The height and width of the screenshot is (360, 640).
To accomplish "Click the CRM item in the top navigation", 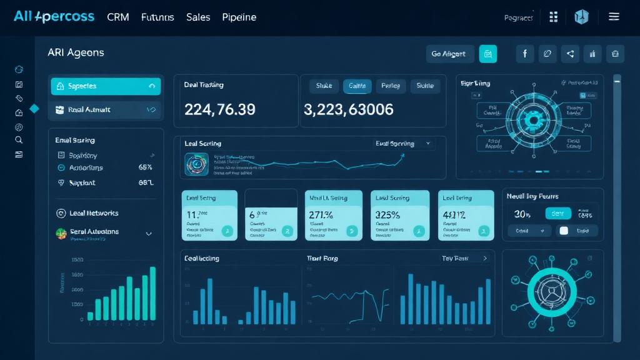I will (118, 17).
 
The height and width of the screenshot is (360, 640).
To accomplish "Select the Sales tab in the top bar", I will (198, 17).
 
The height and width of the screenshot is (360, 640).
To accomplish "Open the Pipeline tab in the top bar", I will (239, 17).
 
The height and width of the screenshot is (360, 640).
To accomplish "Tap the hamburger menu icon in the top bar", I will (614, 17).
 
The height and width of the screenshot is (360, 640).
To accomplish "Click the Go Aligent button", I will (449, 54).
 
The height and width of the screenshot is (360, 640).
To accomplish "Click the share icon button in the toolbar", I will (570, 54).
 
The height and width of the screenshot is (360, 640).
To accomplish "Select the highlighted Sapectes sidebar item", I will (105, 86).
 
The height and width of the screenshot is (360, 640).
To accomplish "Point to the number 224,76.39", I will (220, 109).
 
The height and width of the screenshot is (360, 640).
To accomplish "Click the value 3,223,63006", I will (349, 109).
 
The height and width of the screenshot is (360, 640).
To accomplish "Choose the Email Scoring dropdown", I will (402, 144).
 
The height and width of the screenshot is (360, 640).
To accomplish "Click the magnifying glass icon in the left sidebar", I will (19, 140).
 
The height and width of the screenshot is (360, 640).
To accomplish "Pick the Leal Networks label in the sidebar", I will (94, 213).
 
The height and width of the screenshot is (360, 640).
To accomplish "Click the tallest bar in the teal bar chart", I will (152, 293).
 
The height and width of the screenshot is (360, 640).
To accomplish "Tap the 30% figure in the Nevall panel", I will (522, 214).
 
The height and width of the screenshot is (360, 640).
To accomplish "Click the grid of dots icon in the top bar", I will (553, 17).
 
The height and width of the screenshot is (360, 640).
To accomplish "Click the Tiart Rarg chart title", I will (322, 258).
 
